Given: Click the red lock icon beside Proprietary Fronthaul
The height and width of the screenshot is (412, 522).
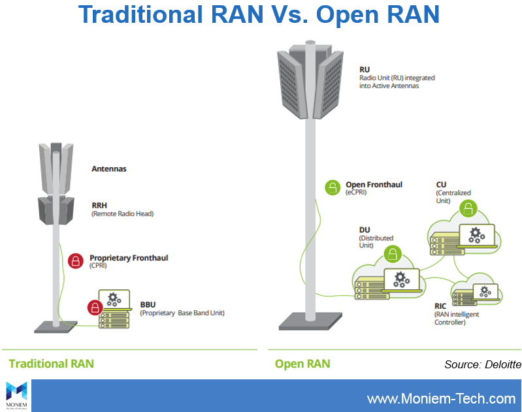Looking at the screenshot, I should coord(76,261).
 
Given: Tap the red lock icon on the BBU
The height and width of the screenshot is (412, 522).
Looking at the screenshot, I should coord(95,306).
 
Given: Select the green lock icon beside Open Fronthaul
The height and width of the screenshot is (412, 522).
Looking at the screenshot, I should coord(333,188).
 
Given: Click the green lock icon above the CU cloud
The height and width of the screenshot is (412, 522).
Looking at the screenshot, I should coord(468,209).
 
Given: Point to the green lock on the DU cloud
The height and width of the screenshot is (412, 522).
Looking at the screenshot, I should coord(392,254).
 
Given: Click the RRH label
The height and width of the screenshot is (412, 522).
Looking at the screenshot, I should coord(99,204).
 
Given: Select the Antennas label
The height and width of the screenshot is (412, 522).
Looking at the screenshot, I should coord(109,168).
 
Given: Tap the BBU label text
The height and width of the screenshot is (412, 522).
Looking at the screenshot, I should coord(148,304).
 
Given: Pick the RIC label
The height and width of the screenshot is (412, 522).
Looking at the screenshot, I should coord(442,305).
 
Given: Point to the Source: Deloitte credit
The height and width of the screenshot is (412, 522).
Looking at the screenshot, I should coord(482,364).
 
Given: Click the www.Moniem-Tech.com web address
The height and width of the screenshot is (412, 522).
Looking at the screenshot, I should coord(441,398).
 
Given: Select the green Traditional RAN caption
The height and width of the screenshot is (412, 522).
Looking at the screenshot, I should coord(51,363).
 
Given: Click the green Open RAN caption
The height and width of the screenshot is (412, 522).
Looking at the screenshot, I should coord(302,364).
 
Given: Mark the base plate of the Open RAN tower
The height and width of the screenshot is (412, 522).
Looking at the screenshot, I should coord(311,321).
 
